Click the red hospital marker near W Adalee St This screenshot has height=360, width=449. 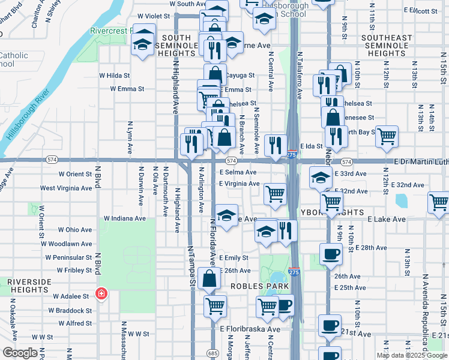click(x=101, y=295)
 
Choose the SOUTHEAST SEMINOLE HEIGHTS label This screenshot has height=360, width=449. click(x=387, y=46)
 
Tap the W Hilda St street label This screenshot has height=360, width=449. click(x=114, y=76)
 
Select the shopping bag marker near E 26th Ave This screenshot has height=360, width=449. click(x=209, y=279)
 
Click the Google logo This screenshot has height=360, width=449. click(x=20, y=353)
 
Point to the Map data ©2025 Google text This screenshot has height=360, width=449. click(x=411, y=355)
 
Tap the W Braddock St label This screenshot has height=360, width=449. click(x=71, y=311)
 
